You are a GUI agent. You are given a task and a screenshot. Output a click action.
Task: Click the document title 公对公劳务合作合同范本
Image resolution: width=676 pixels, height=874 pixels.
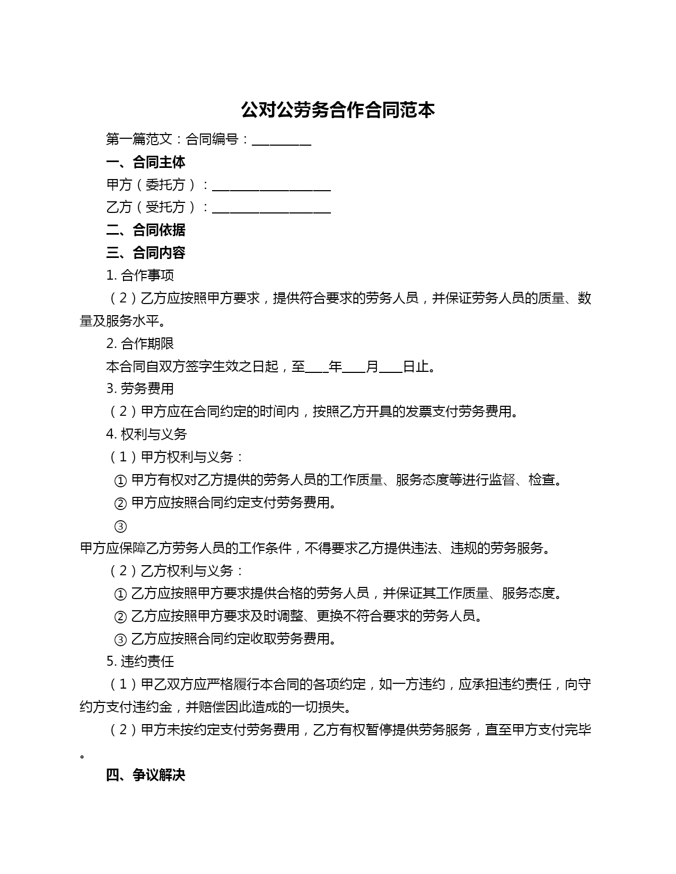(x=338, y=110)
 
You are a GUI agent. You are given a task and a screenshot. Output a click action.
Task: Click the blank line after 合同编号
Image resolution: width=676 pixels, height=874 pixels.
(x=281, y=141)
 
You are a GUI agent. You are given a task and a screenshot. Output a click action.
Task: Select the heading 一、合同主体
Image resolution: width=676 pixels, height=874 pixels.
(x=146, y=162)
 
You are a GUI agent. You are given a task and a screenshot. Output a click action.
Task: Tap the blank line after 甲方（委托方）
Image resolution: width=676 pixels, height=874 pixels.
(x=271, y=186)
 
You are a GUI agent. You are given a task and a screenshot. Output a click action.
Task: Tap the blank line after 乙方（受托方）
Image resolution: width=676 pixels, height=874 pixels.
(x=271, y=209)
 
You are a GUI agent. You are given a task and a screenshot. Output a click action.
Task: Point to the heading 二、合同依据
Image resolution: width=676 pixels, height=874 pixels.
(x=146, y=230)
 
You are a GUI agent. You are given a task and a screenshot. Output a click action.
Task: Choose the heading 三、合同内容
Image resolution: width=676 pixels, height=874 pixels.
(x=146, y=253)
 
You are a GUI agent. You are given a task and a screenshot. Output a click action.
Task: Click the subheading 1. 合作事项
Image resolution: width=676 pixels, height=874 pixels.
(x=140, y=275)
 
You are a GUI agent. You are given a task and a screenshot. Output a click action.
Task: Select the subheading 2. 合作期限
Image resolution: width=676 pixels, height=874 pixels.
(x=140, y=343)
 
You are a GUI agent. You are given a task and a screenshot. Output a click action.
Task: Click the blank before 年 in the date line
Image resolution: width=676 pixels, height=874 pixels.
(x=317, y=368)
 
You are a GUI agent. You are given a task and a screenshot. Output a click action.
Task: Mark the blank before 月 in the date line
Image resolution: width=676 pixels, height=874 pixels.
(x=354, y=368)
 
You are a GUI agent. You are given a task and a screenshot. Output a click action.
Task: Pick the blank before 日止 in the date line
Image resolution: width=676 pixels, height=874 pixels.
(x=391, y=368)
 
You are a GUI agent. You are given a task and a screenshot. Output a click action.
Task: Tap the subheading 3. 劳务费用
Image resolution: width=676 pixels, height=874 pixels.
(x=140, y=389)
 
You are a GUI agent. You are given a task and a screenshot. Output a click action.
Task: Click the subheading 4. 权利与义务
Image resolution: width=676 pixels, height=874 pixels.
(x=146, y=434)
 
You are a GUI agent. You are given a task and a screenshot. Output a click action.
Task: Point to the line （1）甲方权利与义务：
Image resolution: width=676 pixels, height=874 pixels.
(x=176, y=457)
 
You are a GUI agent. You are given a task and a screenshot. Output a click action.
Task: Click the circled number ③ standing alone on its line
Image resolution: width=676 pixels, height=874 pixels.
(x=120, y=527)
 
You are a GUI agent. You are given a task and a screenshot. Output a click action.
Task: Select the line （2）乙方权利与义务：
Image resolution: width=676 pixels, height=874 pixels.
(x=176, y=571)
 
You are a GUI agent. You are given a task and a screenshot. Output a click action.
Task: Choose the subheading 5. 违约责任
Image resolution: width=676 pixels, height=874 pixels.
(x=140, y=662)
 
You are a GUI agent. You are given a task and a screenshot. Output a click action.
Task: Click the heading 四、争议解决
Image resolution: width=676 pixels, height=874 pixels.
(x=146, y=775)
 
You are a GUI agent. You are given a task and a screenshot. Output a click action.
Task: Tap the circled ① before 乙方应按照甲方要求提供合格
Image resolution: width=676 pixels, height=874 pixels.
(x=120, y=594)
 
